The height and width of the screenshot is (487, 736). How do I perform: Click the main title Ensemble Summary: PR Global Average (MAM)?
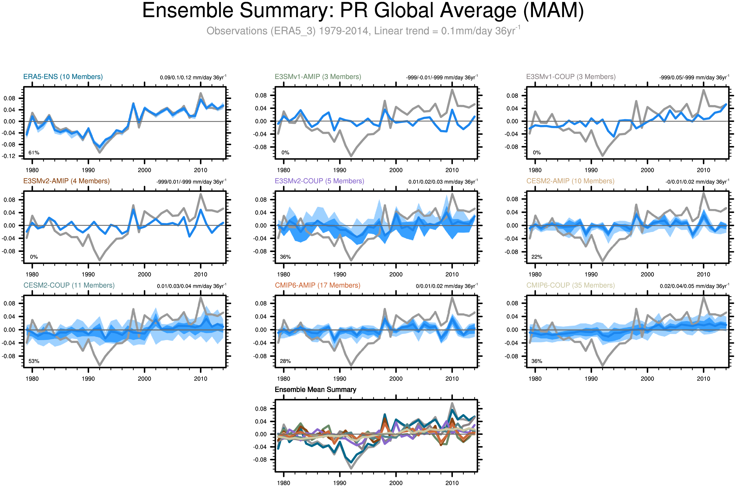pyautogui.click(x=363, y=11)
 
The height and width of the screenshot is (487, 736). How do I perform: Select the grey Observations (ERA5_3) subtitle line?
pyautogui.click(x=363, y=31)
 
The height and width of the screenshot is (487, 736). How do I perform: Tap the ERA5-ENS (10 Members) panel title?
pyautogui.click(x=63, y=77)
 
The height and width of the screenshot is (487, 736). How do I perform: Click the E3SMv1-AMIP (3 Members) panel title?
pyautogui.click(x=318, y=77)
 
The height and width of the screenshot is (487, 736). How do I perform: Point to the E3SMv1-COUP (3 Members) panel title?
pyautogui.click(x=571, y=77)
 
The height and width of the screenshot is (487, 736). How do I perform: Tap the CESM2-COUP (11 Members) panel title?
pyautogui.click(x=69, y=285)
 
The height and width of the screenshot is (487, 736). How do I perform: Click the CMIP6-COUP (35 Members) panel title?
pyautogui.click(x=570, y=285)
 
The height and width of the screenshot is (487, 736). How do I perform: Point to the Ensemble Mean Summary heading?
pyautogui.click(x=315, y=390)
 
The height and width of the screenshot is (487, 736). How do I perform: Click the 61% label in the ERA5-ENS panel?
pyautogui.click(x=34, y=153)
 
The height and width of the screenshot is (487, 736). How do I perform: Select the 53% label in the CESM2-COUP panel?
pyautogui.click(x=34, y=361)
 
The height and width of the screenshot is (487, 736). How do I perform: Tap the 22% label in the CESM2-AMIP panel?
pyautogui.click(x=536, y=257)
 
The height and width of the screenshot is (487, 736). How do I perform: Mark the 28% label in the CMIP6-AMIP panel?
pyautogui.click(x=285, y=361)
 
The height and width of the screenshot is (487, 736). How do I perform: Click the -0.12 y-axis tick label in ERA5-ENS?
pyautogui.click(x=8, y=156)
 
